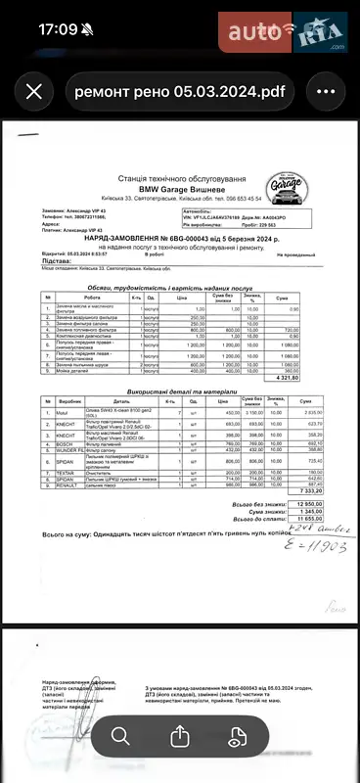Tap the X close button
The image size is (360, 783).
(x=34, y=92)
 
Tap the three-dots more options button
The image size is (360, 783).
(x=326, y=92)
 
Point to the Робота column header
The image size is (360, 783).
(x=92, y=298)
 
